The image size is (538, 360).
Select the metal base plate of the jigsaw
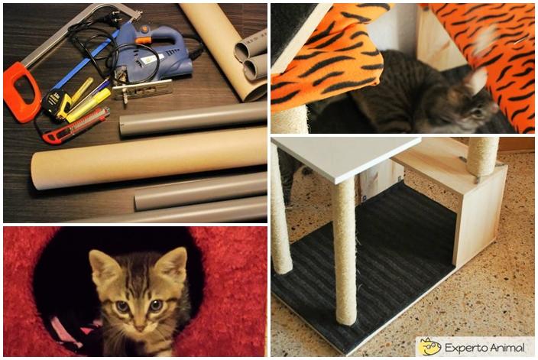click(x=142, y=89)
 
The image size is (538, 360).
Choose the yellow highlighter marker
click(x=89, y=105)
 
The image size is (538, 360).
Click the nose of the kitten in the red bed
click(x=140, y=327)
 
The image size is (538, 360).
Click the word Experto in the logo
click(x=465, y=348)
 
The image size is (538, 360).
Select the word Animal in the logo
click(x=506, y=347)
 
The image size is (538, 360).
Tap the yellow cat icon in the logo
click(x=429, y=346)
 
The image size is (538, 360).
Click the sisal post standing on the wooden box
click(x=482, y=157)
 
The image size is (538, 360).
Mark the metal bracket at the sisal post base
click(x=478, y=179)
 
